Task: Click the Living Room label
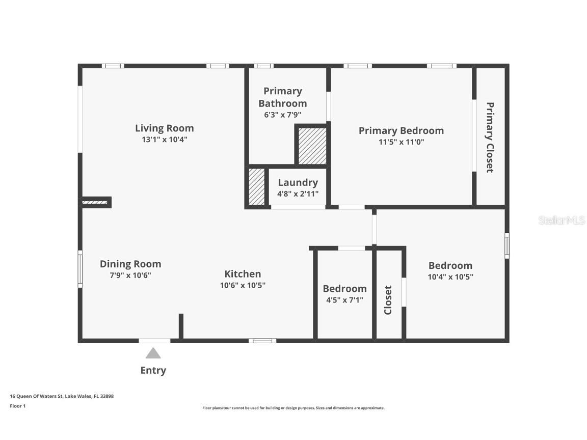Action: [x=165, y=128]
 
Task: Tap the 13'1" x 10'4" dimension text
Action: [x=165, y=140]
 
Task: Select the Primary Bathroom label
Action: [x=283, y=97]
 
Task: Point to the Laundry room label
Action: [x=298, y=183]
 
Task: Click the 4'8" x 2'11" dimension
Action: [x=298, y=194]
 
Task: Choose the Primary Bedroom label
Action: [x=402, y=130]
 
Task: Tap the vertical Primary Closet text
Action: [x=490, y=137]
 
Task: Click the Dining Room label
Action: [x=130, y=264]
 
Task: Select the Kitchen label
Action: [x=243, y=274]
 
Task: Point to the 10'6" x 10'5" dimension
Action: [x=243, y=285]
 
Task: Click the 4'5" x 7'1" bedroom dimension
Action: [x=345, y=300]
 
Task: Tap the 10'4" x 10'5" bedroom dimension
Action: [x=450, y=277]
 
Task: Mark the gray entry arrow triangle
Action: [x=153, y=353]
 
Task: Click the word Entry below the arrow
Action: [x=153, y=370]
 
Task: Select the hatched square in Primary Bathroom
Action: [x=312, y=146]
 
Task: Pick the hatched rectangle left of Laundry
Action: [x=257, y=187]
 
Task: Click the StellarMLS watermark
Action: [x=562, y=221]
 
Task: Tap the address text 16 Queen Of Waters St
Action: [x=36, y=396]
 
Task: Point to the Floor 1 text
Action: [x=18, y=406]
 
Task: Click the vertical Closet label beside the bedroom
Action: [x=388, y=300]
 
